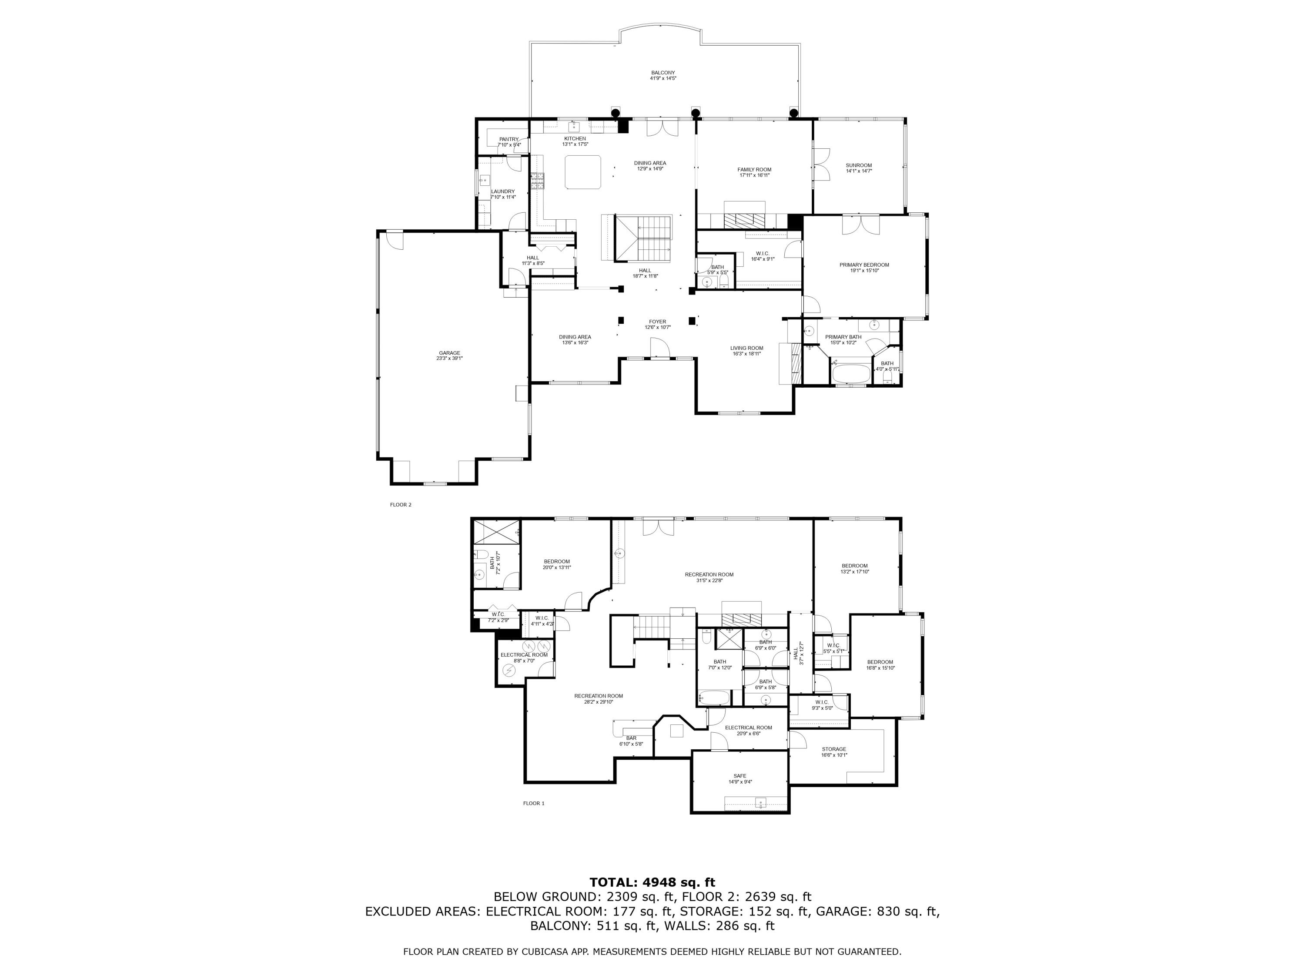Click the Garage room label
449,353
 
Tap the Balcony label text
663,73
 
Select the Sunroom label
858,165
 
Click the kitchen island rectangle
583,172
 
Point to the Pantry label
509,139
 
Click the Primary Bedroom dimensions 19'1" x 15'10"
864,270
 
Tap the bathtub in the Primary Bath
850,373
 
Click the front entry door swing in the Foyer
659,348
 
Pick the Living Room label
746,348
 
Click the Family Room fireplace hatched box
746,220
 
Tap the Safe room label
740,776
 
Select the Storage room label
833,749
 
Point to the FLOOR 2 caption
401,505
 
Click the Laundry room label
503,191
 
